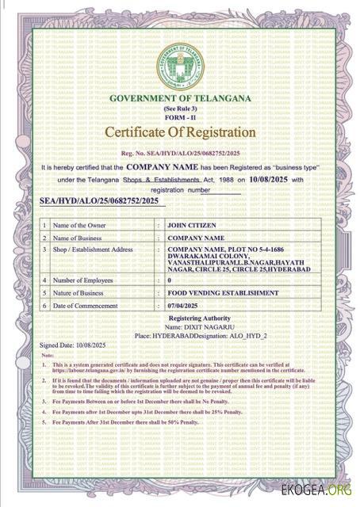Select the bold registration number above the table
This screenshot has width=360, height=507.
[99, 202]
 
